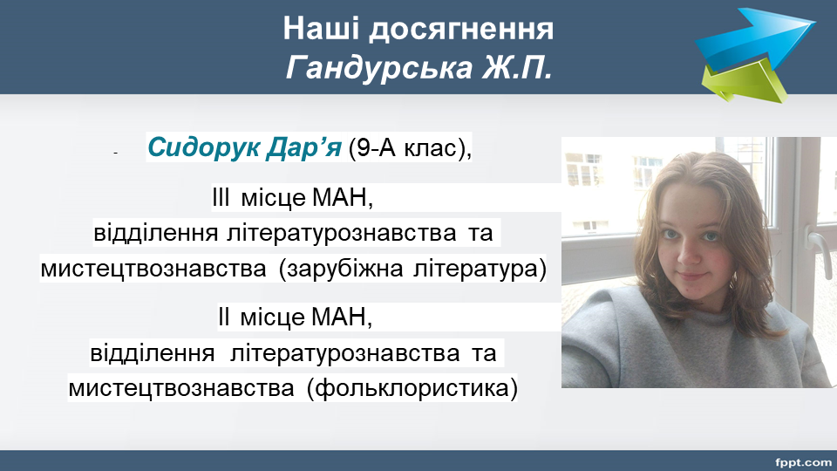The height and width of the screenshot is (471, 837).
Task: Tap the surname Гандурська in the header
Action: [x=379, y=68]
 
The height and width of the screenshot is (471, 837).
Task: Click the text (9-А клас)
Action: [x=410, y=147]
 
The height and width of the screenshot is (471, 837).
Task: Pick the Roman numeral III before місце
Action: [x=221, y=198]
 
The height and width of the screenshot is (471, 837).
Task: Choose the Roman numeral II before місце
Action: [x=224, y=317]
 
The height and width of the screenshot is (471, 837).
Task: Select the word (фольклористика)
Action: [x=412, y=389]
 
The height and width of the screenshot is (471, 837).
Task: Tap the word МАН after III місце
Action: [x=342, y=198]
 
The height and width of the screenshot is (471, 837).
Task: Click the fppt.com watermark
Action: [x=803, y=461]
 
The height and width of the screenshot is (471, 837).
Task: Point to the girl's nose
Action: [x=691, y=252]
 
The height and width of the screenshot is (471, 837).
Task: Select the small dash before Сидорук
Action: [x=115, y=154]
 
